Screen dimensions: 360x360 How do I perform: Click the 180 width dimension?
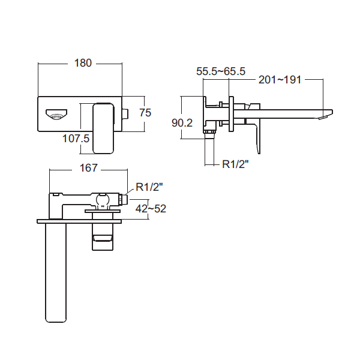coord(83,63)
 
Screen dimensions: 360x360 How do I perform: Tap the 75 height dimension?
coord(145,113)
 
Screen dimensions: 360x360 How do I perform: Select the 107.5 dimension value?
coord(76,139)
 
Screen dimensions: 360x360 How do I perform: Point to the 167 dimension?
coord(89,168)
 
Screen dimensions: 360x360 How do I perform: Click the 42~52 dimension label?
coord(151,209)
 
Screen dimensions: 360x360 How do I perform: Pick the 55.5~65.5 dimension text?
coord(221,71)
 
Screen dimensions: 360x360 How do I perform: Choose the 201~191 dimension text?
coord(280,80)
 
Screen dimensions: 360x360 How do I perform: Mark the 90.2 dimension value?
coord(182,123)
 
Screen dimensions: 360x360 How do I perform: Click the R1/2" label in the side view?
coord(235,164)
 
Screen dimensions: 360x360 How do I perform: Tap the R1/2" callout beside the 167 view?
coord(149,187)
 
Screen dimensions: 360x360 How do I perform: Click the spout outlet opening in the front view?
coord(56,115)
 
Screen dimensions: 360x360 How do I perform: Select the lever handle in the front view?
coord(103,128)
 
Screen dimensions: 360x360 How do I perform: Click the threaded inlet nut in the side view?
coord(209,132)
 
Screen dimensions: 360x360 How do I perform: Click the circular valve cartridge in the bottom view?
coord(103,199)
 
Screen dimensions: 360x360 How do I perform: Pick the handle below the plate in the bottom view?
coord(103,237)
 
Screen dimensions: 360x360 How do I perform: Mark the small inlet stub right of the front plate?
coord(125,113)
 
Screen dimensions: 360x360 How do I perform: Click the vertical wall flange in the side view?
coord(231,114)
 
